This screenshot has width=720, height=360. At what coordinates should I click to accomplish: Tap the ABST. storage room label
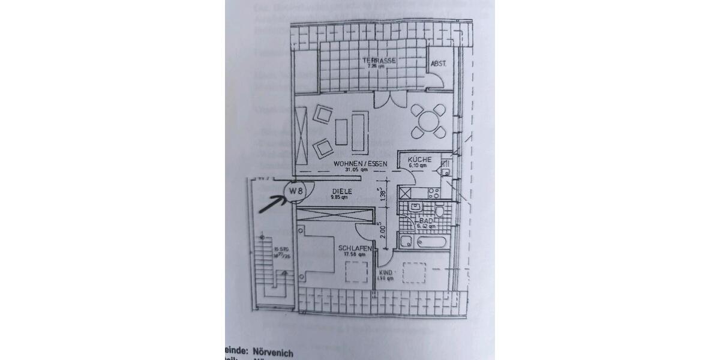tap(437, 64)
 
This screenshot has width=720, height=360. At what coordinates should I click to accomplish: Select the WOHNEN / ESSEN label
tap(361, 164)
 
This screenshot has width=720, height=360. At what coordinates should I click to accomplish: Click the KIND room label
tap(386, 272)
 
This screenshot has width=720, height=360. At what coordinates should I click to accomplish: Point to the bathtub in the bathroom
tap(425, 242)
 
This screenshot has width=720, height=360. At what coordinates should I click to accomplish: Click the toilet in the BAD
tap(440, 211)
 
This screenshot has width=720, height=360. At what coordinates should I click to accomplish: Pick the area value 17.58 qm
tap(353, 254)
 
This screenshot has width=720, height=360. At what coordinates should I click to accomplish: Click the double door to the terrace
tap(384, 100)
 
